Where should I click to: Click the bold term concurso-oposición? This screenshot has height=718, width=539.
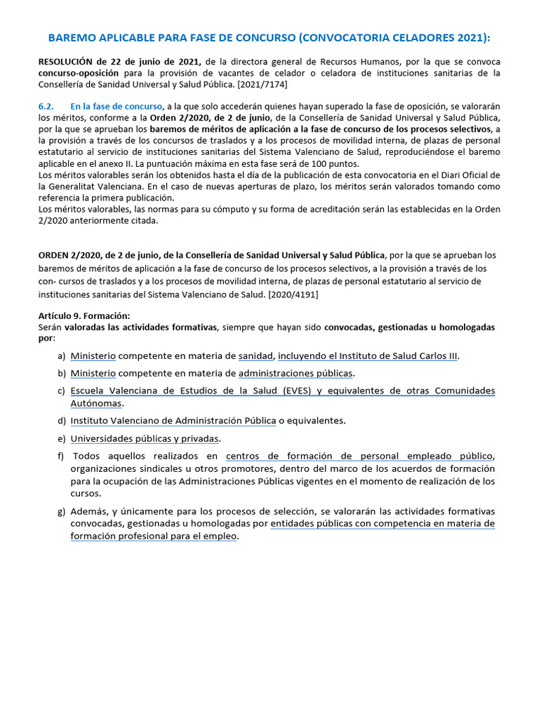[x=79, y=73]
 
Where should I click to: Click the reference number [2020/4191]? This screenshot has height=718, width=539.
[x=293, y=294]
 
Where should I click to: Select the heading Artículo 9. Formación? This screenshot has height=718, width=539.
[x=84, y=316]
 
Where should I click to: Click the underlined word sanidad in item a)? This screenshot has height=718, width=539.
[x=255, y=355]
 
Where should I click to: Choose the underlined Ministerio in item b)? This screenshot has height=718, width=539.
[x=93, y=373]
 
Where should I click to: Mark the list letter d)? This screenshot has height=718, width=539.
[x=62, y=421]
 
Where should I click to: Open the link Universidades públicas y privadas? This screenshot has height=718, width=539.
[x=145, y=438]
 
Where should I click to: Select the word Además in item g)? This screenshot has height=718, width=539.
[x=88, y=510]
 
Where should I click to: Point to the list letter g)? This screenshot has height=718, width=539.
[x=62, y=510]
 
